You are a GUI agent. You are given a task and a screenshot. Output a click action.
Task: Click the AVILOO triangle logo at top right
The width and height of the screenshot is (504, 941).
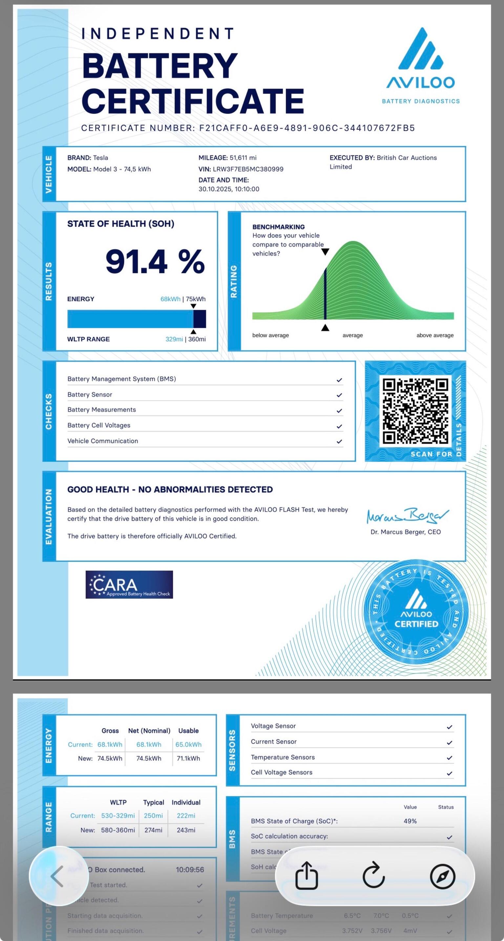point(420,49)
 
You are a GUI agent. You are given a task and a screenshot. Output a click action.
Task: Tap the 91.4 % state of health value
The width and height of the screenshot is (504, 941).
point(155,261)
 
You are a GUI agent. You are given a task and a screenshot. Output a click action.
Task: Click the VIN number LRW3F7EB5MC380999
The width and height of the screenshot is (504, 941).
point(248,169)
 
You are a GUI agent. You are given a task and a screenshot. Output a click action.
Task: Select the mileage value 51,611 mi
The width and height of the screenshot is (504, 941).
point(243,158)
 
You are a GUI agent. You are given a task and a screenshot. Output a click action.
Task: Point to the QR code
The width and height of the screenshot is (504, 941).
point(415,411)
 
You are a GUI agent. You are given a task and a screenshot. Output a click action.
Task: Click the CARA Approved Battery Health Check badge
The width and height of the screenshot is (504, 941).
point(129,585)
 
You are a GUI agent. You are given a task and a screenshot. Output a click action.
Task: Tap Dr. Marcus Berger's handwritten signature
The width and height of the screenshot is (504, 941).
point(407,516)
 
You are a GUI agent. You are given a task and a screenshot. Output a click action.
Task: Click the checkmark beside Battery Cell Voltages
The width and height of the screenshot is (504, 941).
point(339,426)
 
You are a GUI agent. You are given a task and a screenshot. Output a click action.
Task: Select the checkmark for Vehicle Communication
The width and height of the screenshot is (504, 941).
point(339,442)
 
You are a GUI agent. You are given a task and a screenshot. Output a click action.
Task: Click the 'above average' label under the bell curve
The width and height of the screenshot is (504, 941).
point(435,335)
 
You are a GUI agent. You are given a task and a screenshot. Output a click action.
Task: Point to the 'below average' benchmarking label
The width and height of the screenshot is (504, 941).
point(270,335)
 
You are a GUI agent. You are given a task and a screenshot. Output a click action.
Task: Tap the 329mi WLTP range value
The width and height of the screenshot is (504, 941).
point(174,339)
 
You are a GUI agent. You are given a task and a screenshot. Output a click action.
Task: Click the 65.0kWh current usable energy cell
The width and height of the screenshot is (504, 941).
point(188,745)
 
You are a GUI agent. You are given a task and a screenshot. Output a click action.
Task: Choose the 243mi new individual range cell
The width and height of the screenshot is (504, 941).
point(186,830)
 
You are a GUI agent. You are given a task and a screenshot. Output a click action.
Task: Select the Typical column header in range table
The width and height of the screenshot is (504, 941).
point(153,802)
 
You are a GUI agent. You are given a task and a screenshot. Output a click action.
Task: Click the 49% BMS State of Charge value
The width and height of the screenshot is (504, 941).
point(410,821)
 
